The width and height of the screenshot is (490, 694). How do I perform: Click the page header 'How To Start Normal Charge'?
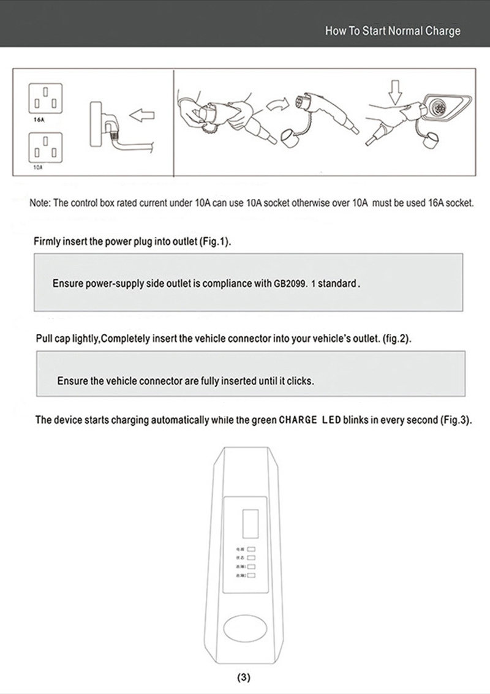coord(392,31)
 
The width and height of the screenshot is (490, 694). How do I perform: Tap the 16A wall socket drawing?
coord(45,99)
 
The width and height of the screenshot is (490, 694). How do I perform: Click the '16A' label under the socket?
coord(38,121)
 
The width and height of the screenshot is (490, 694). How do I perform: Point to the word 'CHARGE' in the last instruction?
coord(298,420)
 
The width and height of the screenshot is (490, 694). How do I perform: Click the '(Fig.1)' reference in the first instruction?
coord(215,242)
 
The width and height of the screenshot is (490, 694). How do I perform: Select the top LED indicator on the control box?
coord(251,549)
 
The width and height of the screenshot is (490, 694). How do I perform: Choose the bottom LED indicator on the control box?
coord(251,576)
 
